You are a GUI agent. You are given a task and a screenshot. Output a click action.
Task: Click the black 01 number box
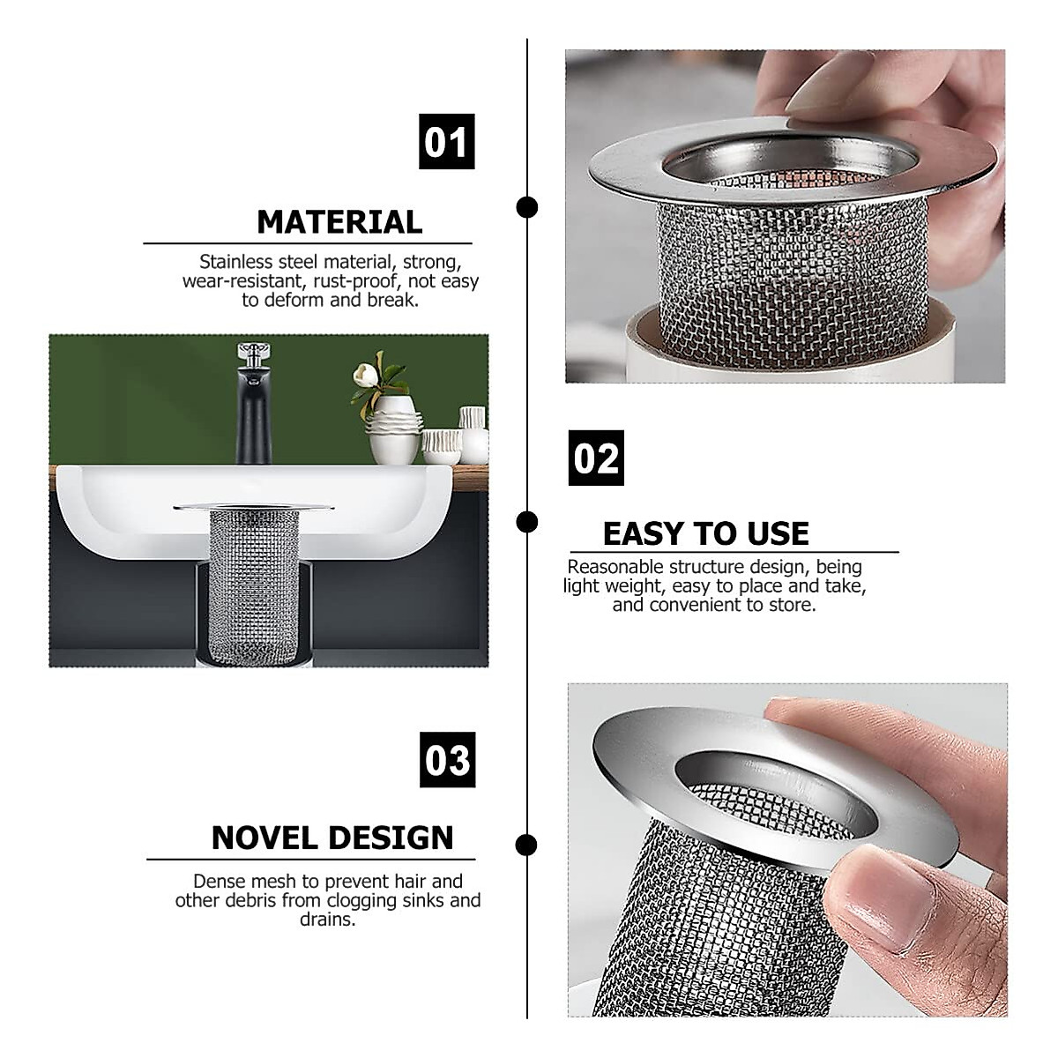pos(446,141)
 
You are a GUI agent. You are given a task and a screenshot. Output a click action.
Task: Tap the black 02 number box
pos(596,458)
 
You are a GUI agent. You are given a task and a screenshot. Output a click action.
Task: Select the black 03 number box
pos(447,759)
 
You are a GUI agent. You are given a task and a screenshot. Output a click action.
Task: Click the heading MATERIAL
pos(339,222)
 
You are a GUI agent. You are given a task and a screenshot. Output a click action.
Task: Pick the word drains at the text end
pos(326,920)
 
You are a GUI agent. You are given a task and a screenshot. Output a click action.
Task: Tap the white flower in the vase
pos(365,375)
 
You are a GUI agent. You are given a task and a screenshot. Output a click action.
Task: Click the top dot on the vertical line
pos(527,207)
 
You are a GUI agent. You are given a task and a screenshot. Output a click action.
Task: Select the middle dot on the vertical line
pos(527,522)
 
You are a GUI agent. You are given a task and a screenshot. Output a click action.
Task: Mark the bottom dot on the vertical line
pos(526,846)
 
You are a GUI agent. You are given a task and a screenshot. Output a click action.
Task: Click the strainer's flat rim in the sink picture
pos(253,507)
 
